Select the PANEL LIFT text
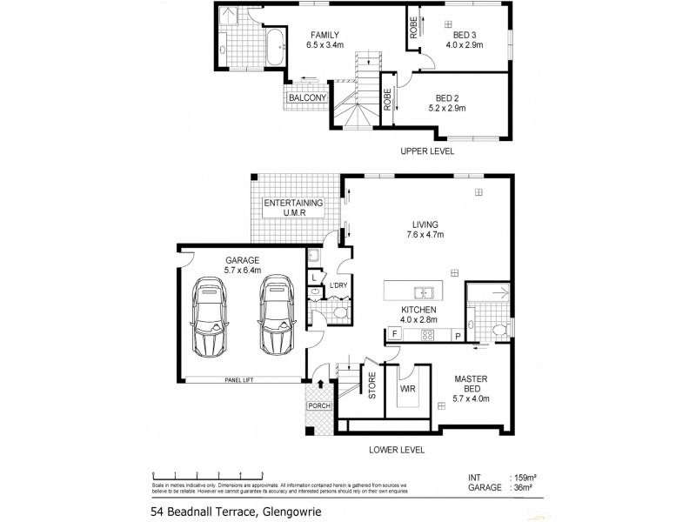click(238, 380)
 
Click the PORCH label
click(319, 405)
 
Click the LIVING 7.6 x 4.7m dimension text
click(425, 235)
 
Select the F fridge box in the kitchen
click(394, 334)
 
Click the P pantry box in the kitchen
click(457, 334)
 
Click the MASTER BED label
click(471, 385)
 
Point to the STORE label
click(371, 386)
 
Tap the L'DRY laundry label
click(338, 285)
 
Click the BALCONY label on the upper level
click(307, 98)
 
